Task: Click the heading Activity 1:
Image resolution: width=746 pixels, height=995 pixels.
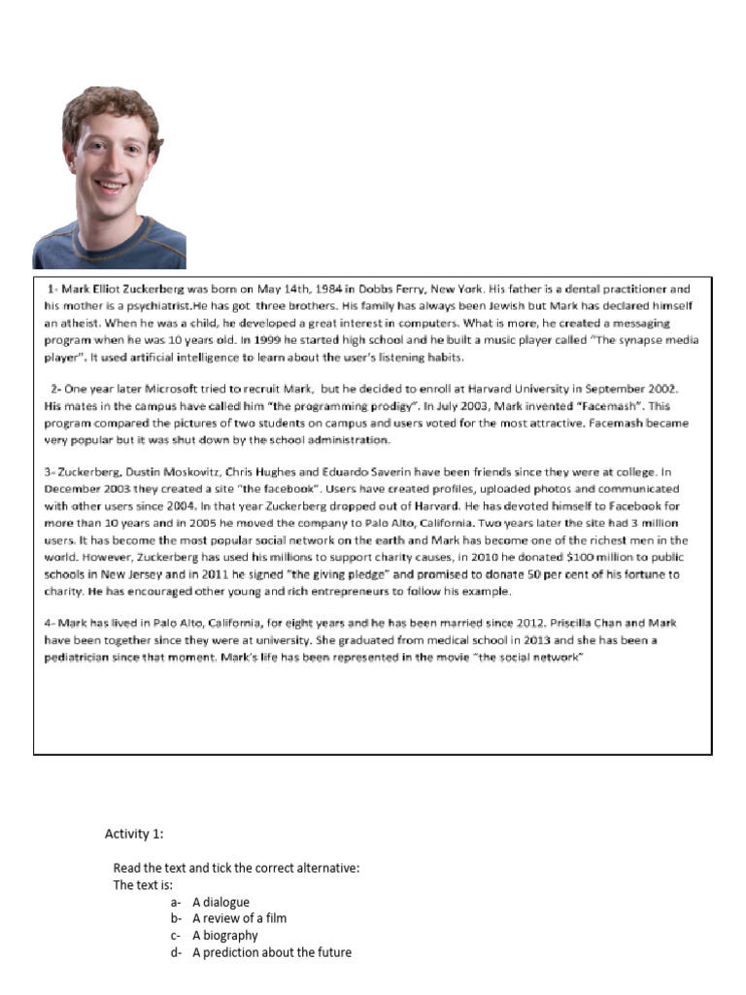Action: pos(134,834)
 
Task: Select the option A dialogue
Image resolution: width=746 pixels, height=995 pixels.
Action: pos(220,902)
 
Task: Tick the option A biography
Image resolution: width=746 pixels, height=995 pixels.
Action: pos(224,935)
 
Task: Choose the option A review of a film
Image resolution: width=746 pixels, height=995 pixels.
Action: pos(239,918)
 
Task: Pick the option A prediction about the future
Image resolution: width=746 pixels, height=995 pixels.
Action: pos(271,952)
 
